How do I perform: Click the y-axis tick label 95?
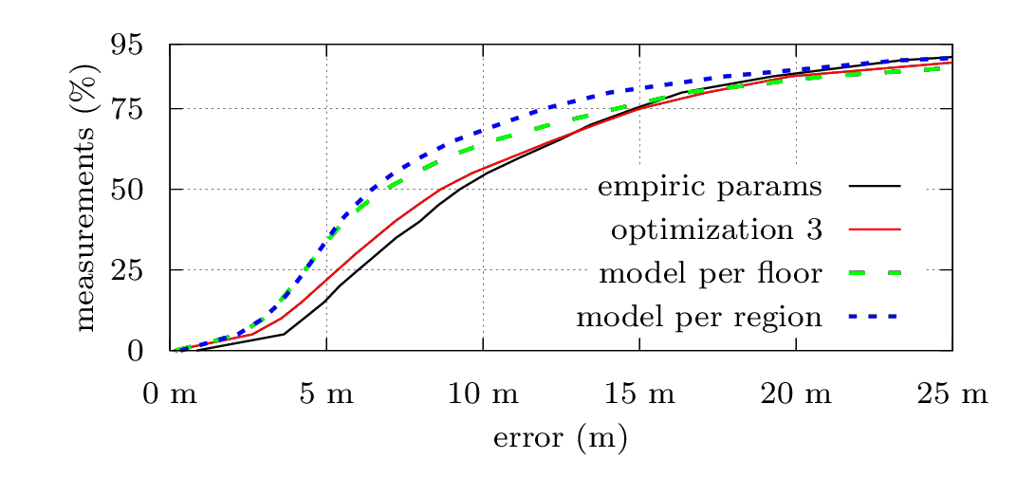click(x=127, y=46)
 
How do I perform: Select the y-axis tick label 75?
click(x=127, y=109)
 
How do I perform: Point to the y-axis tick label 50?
click(x=127, y=190)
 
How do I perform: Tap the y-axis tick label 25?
click(x=127, y=270)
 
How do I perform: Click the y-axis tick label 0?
click(x=135, y=351)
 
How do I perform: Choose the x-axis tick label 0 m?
click(x=170, y=394)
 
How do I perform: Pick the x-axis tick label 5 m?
click(x=326, y=394)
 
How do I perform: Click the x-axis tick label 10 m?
click(x=483, y=394)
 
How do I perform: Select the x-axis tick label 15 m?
click(x=639, y=394)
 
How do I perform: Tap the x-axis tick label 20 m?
click(x=796, y=394)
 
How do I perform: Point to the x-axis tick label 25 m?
click(x=952, y=394)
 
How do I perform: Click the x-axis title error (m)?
click(x=561, y=439)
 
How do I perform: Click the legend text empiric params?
click(x=709, y=186)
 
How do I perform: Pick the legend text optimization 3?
click(x=715, y=229)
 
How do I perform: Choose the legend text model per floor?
click(x=710, y=273)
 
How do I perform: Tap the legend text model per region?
click(x=698, y=317)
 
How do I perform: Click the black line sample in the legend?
click(x=875, y=186)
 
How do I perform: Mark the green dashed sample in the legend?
click(x=875, y=273)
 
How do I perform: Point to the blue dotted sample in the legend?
click(x=875, y=317)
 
